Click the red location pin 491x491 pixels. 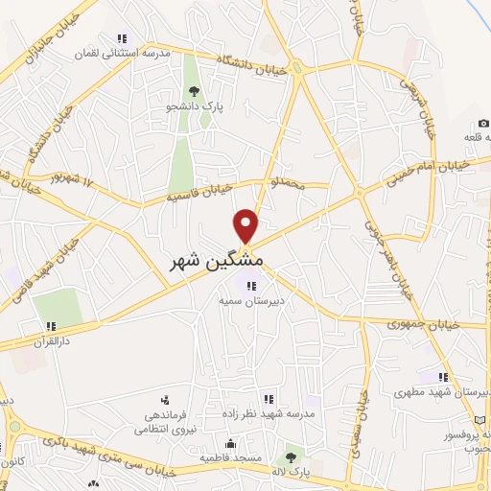(x=247, y=225)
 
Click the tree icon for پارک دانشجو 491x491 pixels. (x=195, y=92)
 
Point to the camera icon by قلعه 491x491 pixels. (x=482, y=123)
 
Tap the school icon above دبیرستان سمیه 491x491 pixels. (x=251, y=285)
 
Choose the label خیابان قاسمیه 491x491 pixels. (x=199, y=196)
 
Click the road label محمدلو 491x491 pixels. (x=289, y=183)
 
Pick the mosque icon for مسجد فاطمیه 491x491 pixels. (x=230, y=444)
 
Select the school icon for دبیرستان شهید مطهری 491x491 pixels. (x=442, y=377)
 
